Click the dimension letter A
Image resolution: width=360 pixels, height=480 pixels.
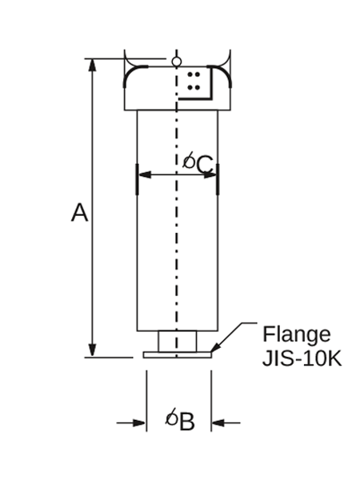tap(79, 212)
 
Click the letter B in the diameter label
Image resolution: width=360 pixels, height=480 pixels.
tap(187, 422)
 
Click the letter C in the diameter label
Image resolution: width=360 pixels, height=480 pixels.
tap(205, 165)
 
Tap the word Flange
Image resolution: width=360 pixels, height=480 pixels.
tap(297, 335)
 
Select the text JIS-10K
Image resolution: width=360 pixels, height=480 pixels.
tap(302, 358)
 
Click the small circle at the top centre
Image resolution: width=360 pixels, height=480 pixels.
tap(176, 62)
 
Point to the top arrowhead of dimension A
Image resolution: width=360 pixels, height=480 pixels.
tap(92, 65)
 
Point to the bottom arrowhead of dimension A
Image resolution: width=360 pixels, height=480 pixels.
tap(92, 350)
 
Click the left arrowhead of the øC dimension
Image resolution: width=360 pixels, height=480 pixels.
tap(145, 174)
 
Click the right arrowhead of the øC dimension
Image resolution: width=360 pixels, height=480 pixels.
tap(210, 174)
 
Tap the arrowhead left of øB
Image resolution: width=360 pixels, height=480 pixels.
tap(139, 423)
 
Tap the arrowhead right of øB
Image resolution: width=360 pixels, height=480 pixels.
tap(218, 423)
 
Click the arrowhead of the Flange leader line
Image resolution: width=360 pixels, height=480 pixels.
tap(215, 347)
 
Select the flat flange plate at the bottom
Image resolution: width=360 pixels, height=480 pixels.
tap(178, 354)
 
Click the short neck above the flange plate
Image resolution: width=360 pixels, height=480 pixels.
tap(178, 342)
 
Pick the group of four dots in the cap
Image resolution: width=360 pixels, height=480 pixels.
tap(194, 81)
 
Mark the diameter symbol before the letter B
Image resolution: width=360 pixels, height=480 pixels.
tap(172, 417)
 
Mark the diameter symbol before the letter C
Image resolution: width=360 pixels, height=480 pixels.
tap(189, 160)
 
